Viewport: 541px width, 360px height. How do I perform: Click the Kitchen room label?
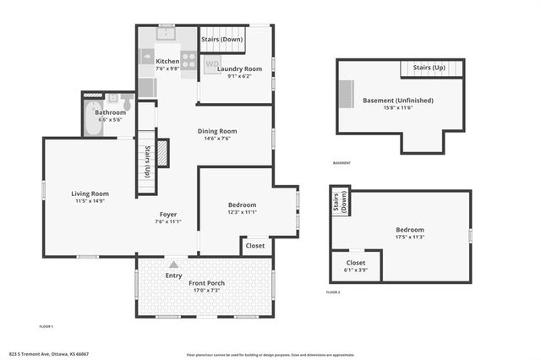coord(167,61)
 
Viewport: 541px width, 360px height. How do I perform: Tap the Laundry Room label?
coord(239,68)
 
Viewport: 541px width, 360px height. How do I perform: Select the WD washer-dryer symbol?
coord(212,64)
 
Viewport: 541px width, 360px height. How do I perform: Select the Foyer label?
coord(167,215)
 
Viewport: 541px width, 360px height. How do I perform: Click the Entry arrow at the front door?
coord(173,265)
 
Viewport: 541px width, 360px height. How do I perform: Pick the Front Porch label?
coord(205,282)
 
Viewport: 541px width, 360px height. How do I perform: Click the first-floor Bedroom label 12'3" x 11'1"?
coord(242,205)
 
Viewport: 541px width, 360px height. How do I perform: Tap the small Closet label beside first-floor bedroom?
coord(254,246)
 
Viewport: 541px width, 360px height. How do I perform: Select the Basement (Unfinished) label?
coord(397,100)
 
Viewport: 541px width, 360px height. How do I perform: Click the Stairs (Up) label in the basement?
coord(428,67)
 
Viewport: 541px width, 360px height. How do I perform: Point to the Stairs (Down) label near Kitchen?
coord(221,39)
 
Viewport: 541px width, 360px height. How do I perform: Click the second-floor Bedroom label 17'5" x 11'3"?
coord(409,230)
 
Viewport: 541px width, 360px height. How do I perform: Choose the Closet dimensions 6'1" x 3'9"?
coord(354,270)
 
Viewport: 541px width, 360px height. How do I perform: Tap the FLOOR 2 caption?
coord(332,292)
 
